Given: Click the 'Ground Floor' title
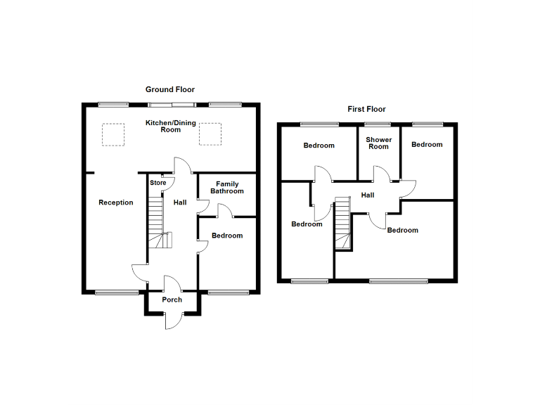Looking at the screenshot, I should tap(169, 89).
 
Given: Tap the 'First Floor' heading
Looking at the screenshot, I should tap(366, 109).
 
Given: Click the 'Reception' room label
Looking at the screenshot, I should tap(116, 202).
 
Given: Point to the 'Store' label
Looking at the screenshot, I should tap(158, 183).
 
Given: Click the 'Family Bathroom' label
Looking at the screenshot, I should tap(226, 188).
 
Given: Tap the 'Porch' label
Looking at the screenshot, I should tap(172, 300).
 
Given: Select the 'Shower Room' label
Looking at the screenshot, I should tap(378, 143).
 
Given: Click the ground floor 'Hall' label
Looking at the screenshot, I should tap(180, 202).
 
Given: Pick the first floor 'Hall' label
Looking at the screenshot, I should tap(368, 195).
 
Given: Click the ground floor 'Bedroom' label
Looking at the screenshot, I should tap(227, 236).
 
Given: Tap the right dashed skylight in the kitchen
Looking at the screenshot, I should tap(210, 134).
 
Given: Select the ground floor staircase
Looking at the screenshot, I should tap(158, 224).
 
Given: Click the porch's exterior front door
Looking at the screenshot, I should tap(172, 321).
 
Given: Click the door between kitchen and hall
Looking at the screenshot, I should tap(181, 165).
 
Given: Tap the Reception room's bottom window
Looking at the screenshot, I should tap(117, 292).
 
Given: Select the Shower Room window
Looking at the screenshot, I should tap(378, 124).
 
